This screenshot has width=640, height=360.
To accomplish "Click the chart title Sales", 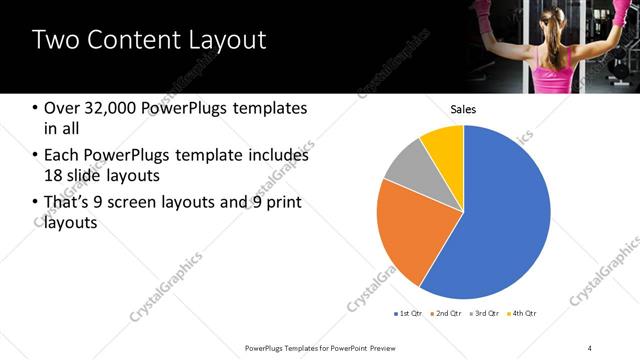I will click(463, 109).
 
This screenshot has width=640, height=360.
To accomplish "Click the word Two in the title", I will click(56, 41).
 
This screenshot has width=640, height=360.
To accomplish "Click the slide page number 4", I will click(590, 347).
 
